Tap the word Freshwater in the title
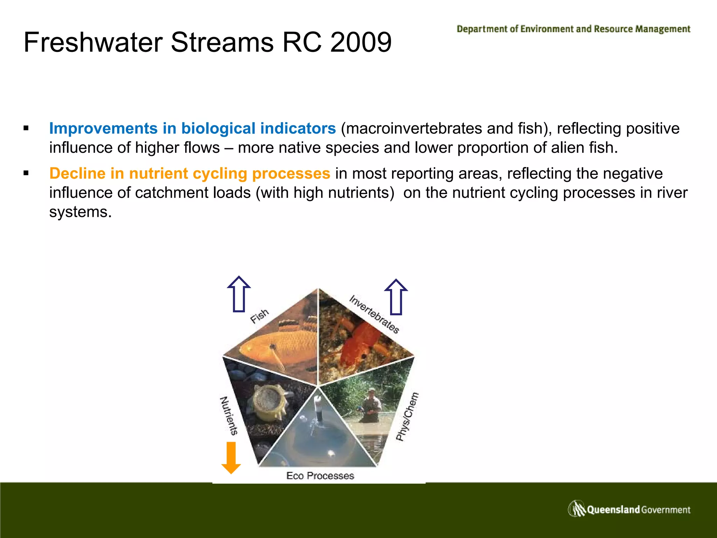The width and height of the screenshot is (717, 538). coord(94,42)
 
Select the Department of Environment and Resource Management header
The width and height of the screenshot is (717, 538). coord(573,29)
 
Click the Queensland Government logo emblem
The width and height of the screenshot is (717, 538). coord(577,509)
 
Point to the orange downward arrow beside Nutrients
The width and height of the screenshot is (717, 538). coord(231,457)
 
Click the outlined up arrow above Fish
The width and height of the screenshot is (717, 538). coord(239,294)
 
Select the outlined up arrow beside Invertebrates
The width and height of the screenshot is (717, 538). coord(396,297)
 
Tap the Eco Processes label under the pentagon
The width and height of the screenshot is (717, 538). coord(320,476)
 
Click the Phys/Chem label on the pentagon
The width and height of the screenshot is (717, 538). coord(407,416)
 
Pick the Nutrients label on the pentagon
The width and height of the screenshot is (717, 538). coord(229,415)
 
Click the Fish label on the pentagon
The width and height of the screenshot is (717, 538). coord(259,316)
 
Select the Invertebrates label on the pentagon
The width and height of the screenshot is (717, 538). coord(374,314)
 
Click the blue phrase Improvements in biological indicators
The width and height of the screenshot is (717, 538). coord(192,128)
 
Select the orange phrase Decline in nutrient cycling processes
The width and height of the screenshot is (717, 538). coord(189,173)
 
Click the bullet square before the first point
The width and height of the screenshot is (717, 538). coord(26,128)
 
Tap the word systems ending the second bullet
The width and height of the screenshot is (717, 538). coord(80,212)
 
